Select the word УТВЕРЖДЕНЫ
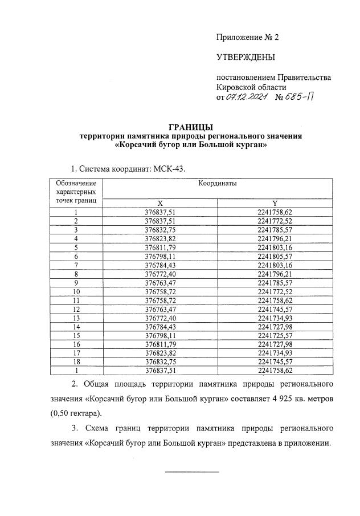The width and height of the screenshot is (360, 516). click(x=246, y=57)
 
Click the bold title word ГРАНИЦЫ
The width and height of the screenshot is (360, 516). click(x=191, y=126)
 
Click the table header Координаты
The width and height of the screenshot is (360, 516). click(x=218, y=184)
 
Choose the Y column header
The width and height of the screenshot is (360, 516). click(x=275, y=203)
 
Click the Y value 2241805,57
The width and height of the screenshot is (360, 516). click(x=275, y=257)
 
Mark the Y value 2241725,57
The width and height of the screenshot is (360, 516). click(x=275, y=336)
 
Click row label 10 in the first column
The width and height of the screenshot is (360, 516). click(x=76, y=292)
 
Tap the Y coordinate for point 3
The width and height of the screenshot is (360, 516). click(x=275, y=230)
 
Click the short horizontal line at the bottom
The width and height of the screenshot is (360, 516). click(x=191, y=471)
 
